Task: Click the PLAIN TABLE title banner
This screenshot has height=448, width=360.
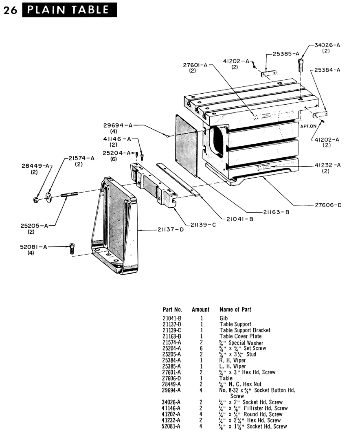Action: click(x=70, y=10)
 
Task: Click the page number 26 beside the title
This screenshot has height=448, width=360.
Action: click(x=10, y=10)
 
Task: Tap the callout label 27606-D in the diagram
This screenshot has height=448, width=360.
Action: click(x=328, y=205)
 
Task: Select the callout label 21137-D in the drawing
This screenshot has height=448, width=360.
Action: click(x=171, y=229)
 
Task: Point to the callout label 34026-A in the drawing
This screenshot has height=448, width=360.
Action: click(x=327, y=45)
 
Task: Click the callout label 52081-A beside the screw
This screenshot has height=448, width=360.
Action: click(x=33, y=247)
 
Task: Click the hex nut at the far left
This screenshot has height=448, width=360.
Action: click(x=36, y=200)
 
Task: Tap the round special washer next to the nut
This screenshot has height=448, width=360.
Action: click(x=48, y=198)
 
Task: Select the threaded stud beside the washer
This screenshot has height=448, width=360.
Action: click(x=69, y=194)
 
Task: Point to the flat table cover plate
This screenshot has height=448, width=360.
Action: click(x=186, y=146)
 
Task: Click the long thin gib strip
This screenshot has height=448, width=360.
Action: click(x=178, y=180)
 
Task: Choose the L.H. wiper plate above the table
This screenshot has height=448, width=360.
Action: click(x=269, y=74)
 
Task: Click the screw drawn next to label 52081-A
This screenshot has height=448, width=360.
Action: click(x=72, y=248)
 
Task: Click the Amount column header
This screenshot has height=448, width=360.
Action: click(x=201, y=310)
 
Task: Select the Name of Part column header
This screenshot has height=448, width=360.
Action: click(x=235, y=310)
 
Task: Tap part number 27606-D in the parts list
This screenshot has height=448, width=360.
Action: click(x=172, y=378)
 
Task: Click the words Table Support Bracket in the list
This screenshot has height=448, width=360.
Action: click(x=245, y=330)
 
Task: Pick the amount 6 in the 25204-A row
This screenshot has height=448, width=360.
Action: click(x=201, y=348)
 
